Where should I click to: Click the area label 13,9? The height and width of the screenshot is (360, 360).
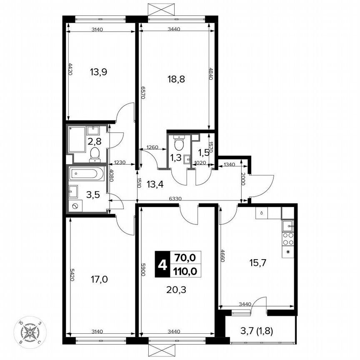(98, 72)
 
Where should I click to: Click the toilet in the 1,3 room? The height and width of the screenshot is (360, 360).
(179, 144)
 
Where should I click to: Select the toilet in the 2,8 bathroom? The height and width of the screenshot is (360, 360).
(95, 153)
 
